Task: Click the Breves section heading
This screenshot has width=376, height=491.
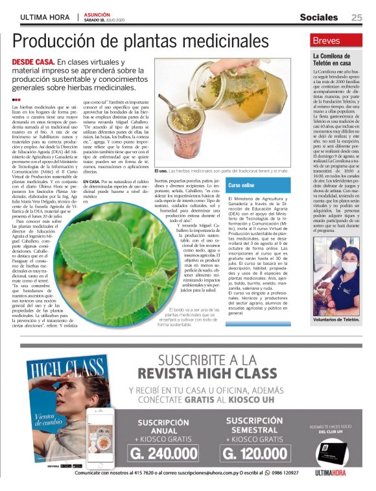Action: [327, 40]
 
